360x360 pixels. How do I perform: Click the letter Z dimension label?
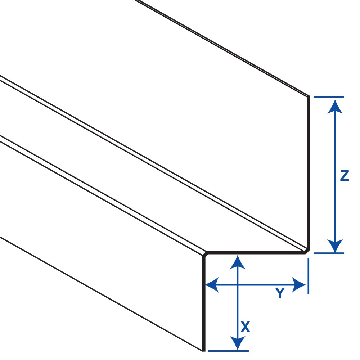[x=344, y=176]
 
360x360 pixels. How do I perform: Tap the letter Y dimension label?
[x=280, y=294]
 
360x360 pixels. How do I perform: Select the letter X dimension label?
[x=245, y=327]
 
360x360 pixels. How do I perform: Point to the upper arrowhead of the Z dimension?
[x=335, y=106]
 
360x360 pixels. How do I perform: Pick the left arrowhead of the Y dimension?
[x=212, y=285]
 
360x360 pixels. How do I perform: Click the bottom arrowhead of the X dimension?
[x=237, y=343]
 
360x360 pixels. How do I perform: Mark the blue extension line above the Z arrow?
[x=328, y=97]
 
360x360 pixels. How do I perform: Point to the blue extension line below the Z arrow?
[x=328, y=253]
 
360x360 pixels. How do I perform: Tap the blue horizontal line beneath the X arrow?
[x=228, y=350]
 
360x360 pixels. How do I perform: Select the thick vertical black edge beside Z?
[x=309, y=173]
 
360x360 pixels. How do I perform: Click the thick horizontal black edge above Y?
[x=256, y=253]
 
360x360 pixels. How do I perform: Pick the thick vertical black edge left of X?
[x=204, y=302]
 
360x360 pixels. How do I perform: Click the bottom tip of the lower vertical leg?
[x=204, y=350]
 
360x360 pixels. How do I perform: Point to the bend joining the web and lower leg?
[x=205, y=254]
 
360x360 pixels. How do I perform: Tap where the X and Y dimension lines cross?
[x=237, y=285]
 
